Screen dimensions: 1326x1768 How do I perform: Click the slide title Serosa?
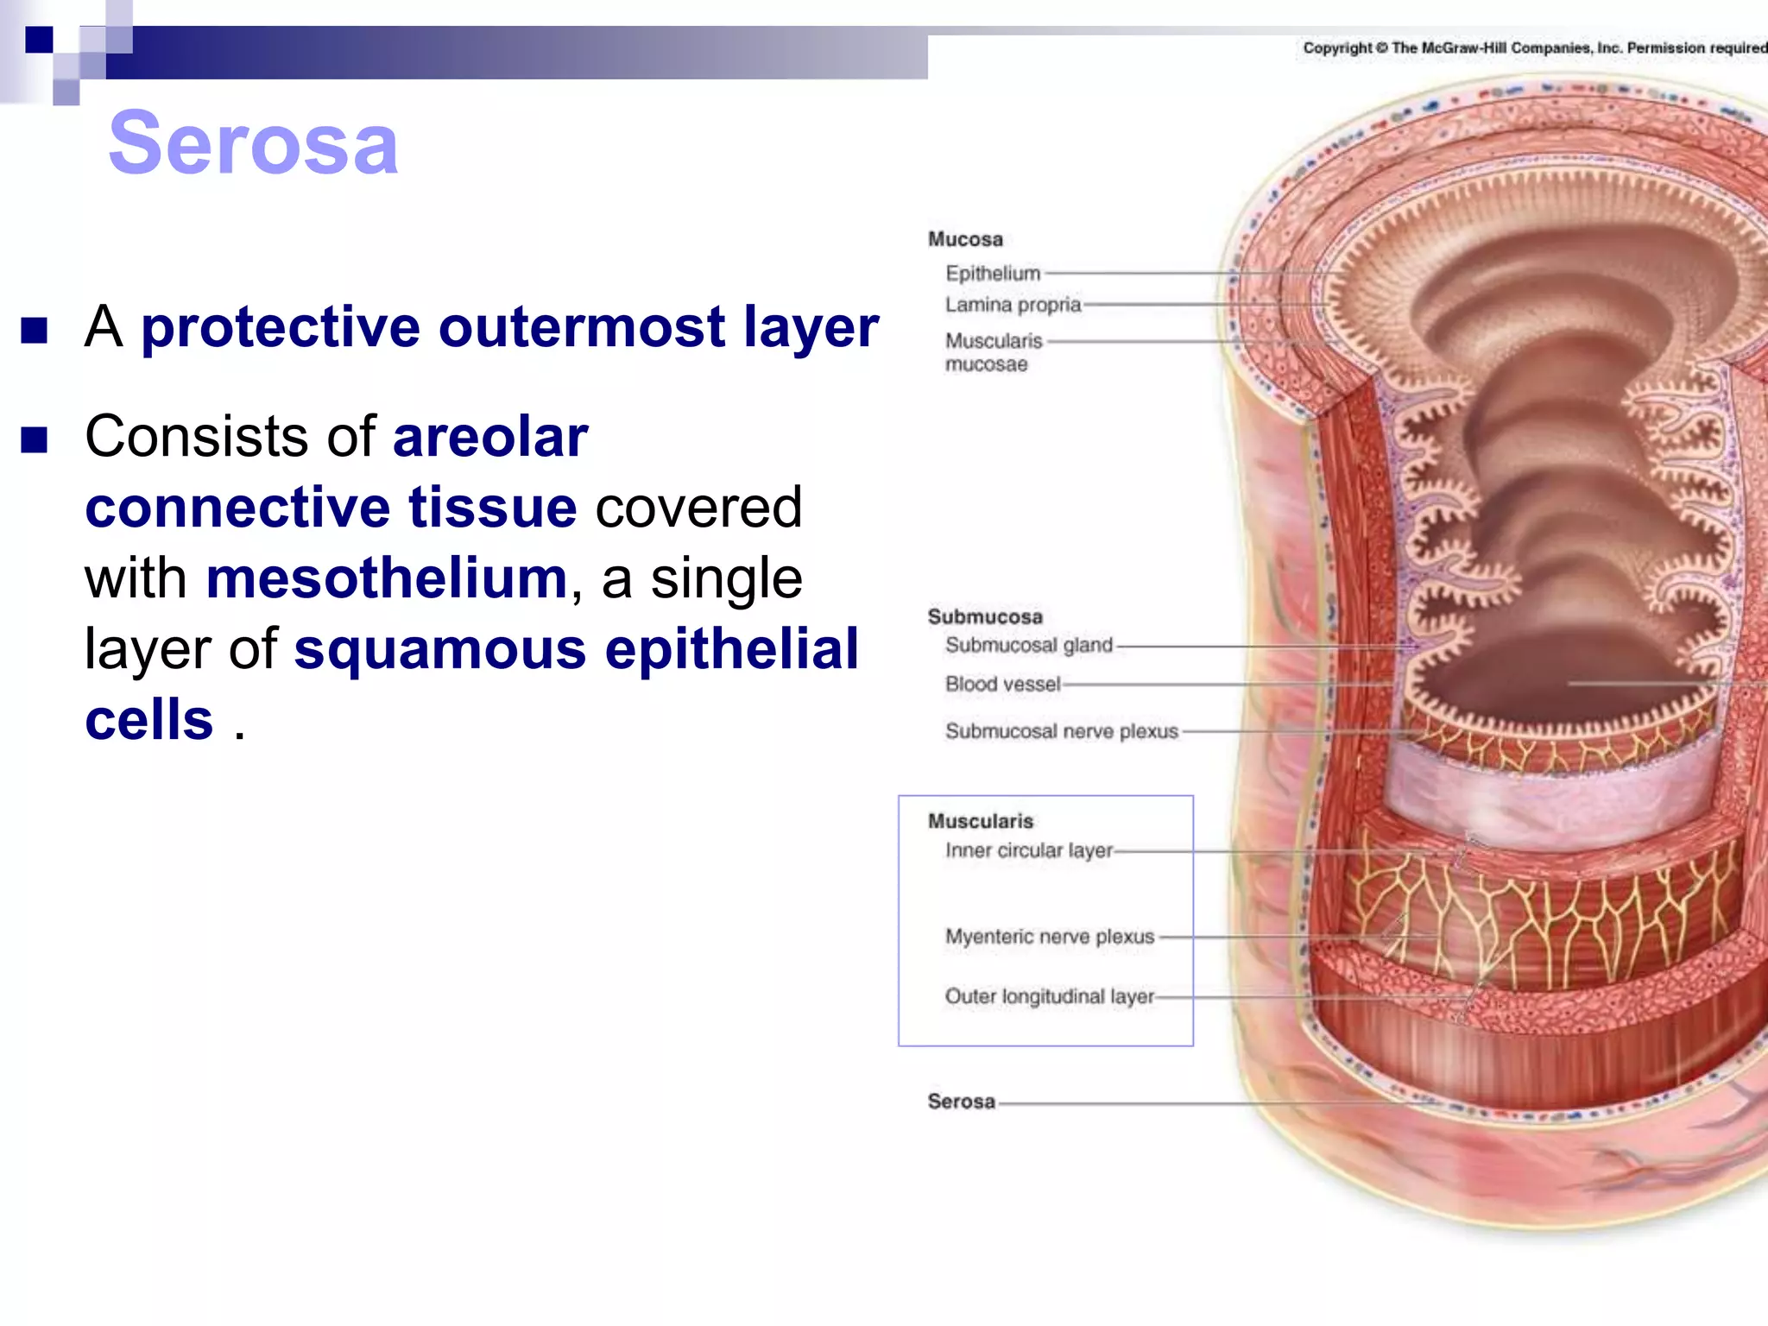pos(253,143)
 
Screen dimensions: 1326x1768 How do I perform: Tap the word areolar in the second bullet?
pos(490,437)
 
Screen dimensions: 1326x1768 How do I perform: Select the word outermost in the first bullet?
pos(582,327)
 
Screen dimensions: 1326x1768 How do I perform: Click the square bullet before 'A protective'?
pos(35,330)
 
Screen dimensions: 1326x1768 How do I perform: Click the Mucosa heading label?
pos(965,239)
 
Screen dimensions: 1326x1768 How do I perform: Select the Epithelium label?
pos(993,274)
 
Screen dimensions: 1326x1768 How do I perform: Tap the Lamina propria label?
pos(1013,305)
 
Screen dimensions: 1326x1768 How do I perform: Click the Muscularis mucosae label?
pos(993,352)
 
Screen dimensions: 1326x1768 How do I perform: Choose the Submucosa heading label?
pos(985,616)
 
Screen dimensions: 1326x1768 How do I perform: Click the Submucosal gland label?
pos(1028,645)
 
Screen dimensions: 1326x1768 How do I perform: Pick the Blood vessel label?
pos(1002,684)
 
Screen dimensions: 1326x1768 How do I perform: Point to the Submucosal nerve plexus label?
pos(1061,731)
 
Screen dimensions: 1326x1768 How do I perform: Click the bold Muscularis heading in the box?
pos(981,821)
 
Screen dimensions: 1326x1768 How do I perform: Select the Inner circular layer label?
pos(1029,850)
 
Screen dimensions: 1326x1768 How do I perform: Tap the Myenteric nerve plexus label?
pos(1050,937)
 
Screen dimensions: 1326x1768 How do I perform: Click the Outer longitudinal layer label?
pos(1049,996)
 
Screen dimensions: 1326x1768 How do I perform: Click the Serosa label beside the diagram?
pos(961,1102)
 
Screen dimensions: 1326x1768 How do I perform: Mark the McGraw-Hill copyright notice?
pos(1534,48)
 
